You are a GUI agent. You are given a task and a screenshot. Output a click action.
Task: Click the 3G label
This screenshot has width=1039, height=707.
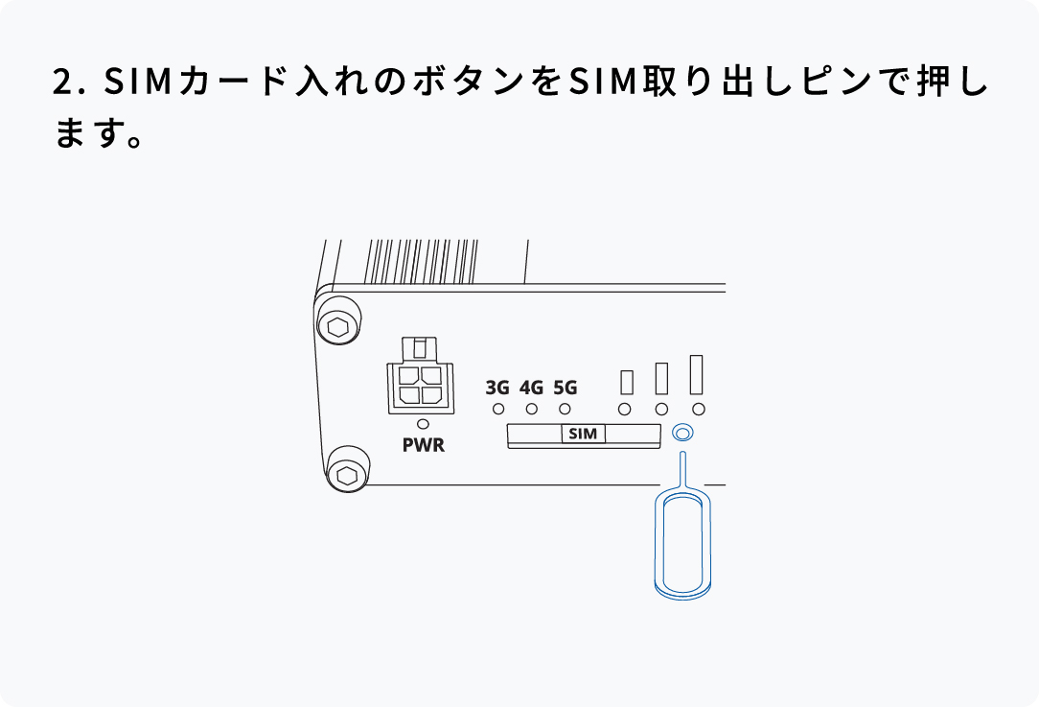pos(497,389)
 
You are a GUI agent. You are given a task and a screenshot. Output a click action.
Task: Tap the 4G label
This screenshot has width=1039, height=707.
pos(531,389)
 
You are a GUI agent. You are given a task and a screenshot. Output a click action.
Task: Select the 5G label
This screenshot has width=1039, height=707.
pos(566,389)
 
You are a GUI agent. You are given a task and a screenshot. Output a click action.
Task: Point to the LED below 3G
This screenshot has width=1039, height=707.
pos(498,410)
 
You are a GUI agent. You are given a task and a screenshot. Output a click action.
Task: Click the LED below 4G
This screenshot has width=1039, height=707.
pos(531,410)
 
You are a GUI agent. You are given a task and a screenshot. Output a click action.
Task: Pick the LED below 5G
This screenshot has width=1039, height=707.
pos(565,410)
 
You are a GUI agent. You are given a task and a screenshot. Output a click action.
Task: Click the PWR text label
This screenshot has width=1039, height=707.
pos(423,446)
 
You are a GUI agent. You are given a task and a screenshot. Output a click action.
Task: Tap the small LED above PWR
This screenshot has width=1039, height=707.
pos(423,424)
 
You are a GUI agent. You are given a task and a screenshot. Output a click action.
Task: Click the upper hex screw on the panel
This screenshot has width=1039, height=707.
pos(337,326)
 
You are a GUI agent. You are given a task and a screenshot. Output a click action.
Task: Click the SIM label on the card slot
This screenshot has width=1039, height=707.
pos(583,435)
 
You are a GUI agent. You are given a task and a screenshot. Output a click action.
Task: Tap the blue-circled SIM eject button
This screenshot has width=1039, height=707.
pos(681,434)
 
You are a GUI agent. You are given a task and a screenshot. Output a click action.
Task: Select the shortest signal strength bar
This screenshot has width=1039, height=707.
pos(627,382)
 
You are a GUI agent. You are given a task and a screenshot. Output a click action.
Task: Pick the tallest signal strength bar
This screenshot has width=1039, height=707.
pos(697,374)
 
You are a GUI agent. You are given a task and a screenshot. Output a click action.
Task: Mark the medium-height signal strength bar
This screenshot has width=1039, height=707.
pos(661,378)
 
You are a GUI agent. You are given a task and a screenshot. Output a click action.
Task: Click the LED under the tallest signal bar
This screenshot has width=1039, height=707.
pos(699,410)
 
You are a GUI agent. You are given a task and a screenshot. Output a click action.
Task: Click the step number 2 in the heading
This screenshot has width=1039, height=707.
pos(62,82)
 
